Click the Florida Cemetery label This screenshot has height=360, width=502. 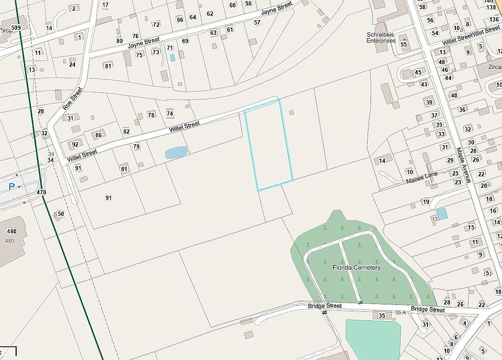point(356,268)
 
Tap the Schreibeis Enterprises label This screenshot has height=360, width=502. point(381,38)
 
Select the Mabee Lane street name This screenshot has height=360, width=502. point(422,178)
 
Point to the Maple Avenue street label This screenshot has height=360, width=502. point(463,165)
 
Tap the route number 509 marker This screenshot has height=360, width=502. point(16,28)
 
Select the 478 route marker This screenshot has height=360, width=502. point(41,192)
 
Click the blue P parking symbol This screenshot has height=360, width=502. point(12,186)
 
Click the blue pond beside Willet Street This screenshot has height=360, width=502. point(176,153)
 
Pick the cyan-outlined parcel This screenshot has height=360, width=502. point(269,145)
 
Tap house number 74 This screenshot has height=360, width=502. point(170,114)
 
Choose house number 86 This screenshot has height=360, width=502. point(99,135)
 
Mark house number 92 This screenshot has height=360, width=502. point(75,144)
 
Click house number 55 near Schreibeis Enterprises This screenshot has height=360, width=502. point(404,44)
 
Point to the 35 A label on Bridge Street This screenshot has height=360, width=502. point(401,312)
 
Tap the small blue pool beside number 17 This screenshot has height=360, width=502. point(442,213)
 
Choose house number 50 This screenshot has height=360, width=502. point(61,214)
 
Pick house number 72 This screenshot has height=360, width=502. point(156,24)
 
